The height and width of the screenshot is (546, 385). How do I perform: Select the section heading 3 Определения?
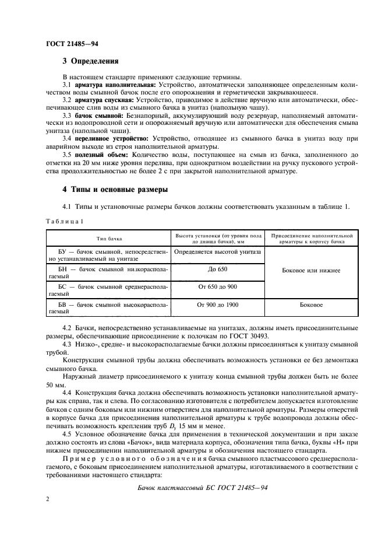click(90, 61)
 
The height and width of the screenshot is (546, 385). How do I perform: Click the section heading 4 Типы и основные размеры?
click(114, 190)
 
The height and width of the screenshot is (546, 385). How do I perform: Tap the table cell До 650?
click(217, 269)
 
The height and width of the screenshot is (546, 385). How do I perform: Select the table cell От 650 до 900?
click(217, 287)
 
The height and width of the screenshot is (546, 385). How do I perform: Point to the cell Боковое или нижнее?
click(311, 271)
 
